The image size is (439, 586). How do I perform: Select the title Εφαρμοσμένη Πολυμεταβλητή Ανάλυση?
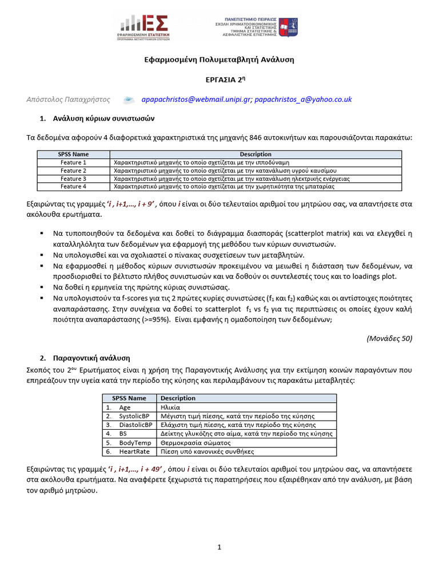[x=219, y=60]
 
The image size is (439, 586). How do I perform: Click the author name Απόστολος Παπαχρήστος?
[x=69, y=100]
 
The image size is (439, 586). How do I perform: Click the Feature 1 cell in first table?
[x=73, y=163]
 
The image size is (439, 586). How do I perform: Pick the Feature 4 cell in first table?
[x=73, y=187]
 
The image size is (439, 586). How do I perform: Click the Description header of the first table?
[x=256, y=155]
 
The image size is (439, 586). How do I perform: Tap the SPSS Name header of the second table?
[x=129, y=398]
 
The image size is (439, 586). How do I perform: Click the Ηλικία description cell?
[x=171, y=407]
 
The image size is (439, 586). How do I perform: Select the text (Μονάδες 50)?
[x=389, y=338]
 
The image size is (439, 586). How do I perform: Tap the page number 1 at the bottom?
[x=219, y=548]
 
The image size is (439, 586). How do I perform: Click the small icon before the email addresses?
[x=129, y=100]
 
